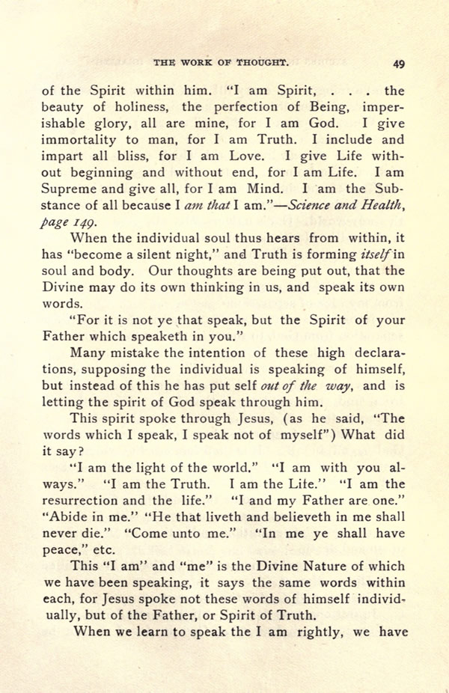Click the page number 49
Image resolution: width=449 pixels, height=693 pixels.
coord(397,63)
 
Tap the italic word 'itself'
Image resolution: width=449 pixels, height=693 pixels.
coord(373,254)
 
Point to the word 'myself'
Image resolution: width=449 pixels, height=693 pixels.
coord(323,436)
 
